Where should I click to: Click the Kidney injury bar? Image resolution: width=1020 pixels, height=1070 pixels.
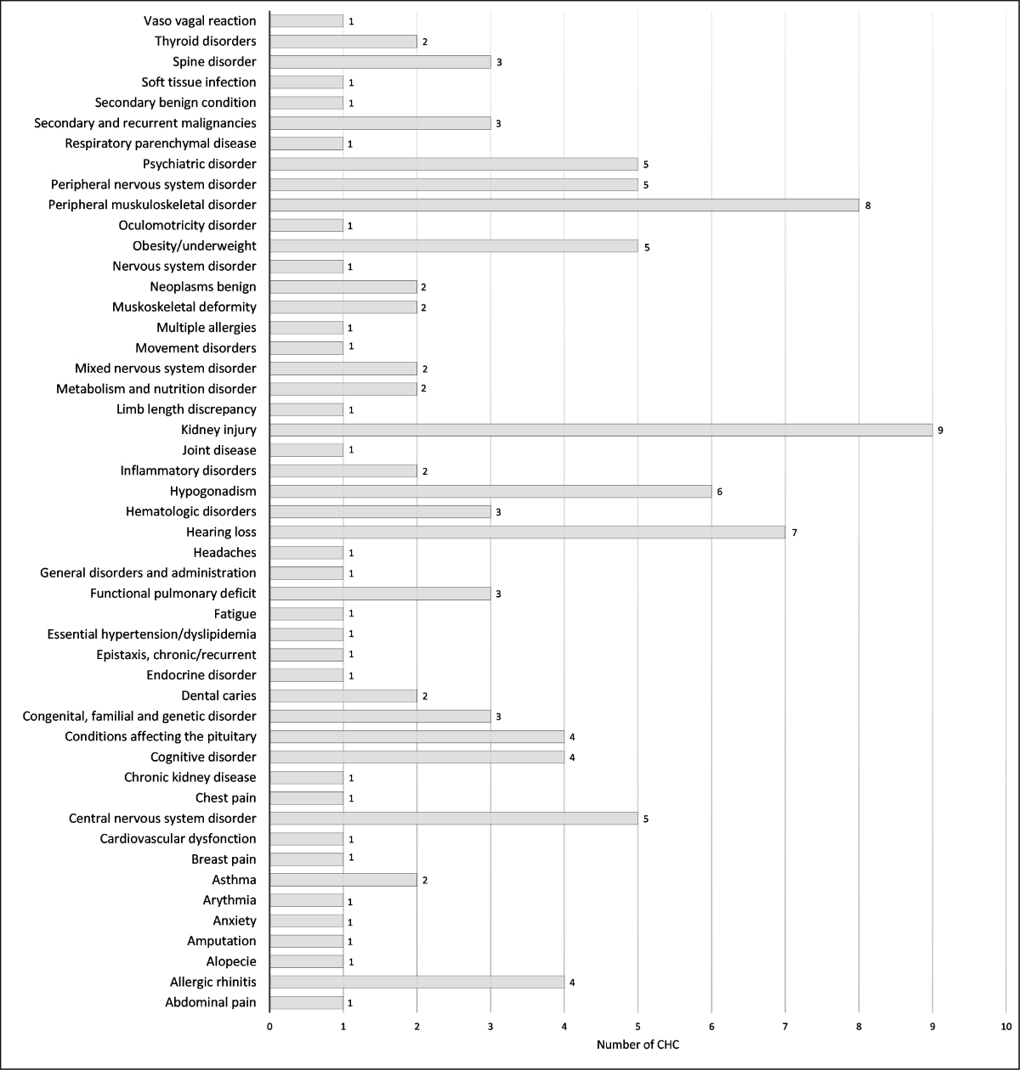pos(601,430)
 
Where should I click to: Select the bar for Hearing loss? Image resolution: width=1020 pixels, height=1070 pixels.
pos(527,532)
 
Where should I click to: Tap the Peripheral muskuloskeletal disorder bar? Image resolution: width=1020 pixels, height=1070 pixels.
pos(564,205)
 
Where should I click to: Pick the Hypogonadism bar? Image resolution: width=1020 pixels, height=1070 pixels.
pos(490,491)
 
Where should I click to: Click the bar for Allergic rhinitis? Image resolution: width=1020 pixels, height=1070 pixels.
pos(416,983)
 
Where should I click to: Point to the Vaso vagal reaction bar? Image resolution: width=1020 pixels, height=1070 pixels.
pos(306,20)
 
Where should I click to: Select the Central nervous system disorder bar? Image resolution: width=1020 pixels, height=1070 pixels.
pos(453,819)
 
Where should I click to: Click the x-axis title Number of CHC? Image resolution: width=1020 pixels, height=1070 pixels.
pos(637,1045)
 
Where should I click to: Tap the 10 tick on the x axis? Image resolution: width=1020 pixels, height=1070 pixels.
pos(1006,1027)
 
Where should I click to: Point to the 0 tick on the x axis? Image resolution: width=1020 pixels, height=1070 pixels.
pos(269,1027)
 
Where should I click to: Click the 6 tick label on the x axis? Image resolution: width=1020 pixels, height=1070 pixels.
pos(711,1027)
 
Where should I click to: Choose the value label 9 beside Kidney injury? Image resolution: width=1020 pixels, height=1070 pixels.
pos(940,431)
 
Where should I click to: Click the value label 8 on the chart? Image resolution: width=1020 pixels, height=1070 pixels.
pos(867,206)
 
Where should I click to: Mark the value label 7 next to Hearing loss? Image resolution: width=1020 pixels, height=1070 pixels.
pos(793,532)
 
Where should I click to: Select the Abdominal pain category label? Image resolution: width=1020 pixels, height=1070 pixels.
pos(211,1003)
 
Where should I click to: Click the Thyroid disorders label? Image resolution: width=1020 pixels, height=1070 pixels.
pos(205,41)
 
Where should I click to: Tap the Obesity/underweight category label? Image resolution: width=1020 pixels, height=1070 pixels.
pos(194,245)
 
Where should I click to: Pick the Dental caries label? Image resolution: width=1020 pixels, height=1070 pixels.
pos(213,696)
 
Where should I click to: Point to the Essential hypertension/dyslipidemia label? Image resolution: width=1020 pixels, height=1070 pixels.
pos(151,634)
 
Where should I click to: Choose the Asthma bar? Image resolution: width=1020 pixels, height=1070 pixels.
pos(343,880)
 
